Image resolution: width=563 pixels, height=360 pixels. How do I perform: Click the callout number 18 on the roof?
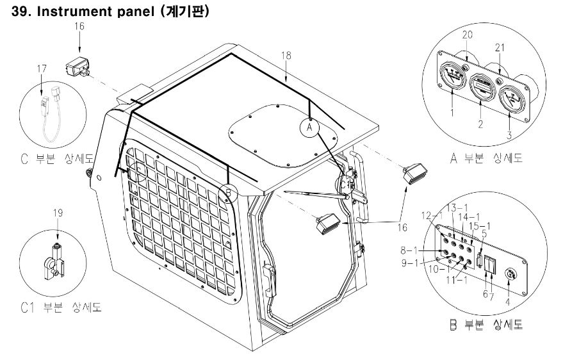click(286, 56)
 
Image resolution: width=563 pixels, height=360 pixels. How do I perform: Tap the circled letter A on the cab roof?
click(309, 127)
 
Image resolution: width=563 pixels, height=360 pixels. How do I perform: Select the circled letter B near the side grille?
click(228, 193)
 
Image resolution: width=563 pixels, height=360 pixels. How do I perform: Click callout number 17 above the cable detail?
click(42, 68)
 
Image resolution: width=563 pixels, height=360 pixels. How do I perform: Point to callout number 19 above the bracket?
click(58, 213)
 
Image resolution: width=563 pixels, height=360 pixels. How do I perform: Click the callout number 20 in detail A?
click(467, 35)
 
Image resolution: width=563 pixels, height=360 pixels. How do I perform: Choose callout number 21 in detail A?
click(500, 47)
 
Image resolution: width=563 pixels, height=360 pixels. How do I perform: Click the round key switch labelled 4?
click(510, 275)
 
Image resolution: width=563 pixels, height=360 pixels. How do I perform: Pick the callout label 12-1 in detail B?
click(432, 216)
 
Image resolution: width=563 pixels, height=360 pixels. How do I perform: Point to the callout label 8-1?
click(409, 250)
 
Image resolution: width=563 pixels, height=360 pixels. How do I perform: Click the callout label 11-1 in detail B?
click(457, 280)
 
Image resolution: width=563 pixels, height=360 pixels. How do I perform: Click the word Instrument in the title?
click(76, 12)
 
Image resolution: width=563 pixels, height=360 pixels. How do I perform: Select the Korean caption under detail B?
click(486, 325)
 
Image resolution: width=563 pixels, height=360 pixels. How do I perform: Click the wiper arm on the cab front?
click(316, 195)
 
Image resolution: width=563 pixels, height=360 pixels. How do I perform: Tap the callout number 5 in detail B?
click(484, 234)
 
